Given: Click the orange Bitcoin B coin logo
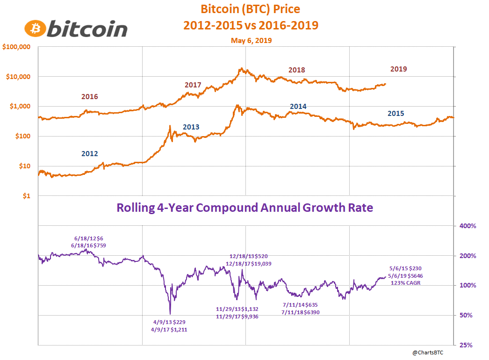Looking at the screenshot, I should click(x=35, y=29).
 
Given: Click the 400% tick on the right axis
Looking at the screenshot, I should click(x=468, y=226).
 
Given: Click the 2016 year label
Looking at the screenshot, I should click(x=89, y=97).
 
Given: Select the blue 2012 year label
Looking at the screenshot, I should click(x=89, y=153).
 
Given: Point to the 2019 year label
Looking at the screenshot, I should click(x=398, y=69).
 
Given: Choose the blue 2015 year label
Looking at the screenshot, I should click(x=396, y=113).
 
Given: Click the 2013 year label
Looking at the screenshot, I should click(x=191, y=127).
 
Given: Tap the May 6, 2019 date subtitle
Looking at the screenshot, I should click(x=251, y=41).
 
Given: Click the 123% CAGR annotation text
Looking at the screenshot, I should click(x=406, y=282).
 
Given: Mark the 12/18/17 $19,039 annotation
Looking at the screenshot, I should click(x=248, y=264).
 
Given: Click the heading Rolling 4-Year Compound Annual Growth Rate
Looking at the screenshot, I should click(x=244, y=208).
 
